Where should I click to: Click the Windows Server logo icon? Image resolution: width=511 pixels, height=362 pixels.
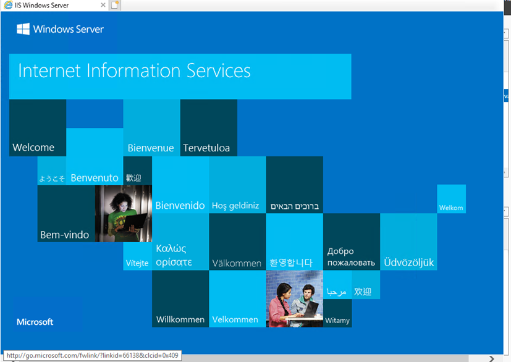(x=23, y=29)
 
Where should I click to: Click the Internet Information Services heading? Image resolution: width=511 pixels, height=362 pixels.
(x=135, y=70)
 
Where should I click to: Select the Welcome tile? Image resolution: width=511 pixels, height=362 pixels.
(x=37, y=128)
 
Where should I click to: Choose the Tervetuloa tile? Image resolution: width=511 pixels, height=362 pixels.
(x=208, y=128)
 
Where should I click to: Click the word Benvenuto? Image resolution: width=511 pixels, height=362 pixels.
(x=95, y=178)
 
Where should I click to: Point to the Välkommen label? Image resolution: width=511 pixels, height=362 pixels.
(x=237, y=264)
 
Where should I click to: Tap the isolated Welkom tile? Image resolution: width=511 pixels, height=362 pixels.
(x=451, y=199)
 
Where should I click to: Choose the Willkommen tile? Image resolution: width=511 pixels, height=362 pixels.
(x=180, y=299)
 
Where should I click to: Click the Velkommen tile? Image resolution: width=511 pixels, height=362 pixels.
(x=235, y=299)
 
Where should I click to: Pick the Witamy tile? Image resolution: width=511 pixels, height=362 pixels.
(x=337, y=314)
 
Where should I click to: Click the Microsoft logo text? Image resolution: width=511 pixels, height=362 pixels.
(x=35, y=322)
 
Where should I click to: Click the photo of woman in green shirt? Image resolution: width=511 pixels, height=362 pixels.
(x=123, y=214)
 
